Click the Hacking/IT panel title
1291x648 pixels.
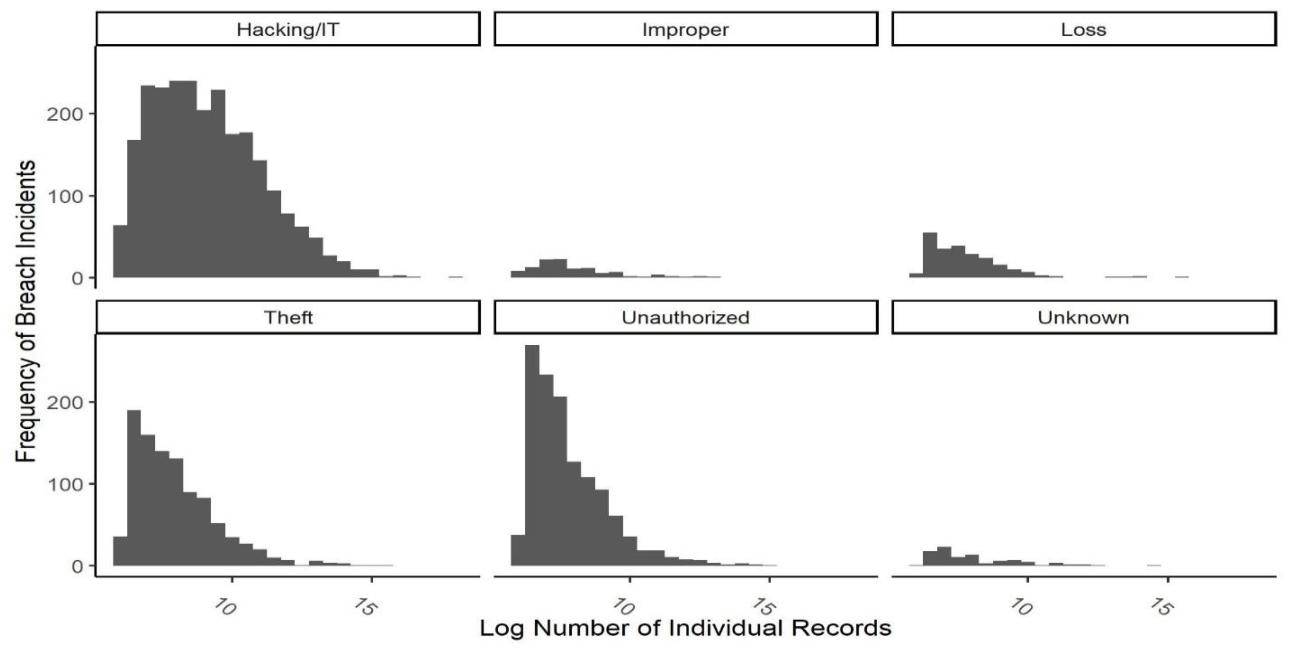tap(288, 29)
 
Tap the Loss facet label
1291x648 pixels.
tap(1083, 29)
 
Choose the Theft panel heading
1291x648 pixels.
tap(288, 318)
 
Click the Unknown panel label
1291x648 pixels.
tap(1083, 318)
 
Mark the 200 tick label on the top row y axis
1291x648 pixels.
tap(64, 114)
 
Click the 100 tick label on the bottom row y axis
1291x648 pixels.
tap(64, 485)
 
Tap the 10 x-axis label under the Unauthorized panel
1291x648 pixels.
tap(624, 607)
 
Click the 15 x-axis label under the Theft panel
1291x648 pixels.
tap(364, 607)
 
